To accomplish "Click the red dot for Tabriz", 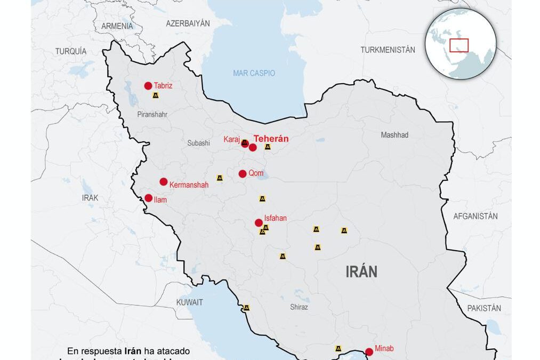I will coord(148,86).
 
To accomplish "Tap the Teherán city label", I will coord(271,139).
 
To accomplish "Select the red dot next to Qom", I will coord(243,173).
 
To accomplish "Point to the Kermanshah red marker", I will coord(164,182).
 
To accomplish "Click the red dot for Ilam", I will coord(149,198).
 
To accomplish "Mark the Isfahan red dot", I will coord(259,222).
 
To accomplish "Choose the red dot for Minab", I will coord(369,351).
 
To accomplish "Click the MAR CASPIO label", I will coord(254,73).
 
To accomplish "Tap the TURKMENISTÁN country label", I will coord(388,50).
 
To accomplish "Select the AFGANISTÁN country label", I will coord(475,216).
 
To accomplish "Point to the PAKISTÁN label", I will coord(484,308).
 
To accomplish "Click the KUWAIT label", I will coord(190,302).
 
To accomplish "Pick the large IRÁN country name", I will coord(361,272).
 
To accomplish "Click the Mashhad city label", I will coord(394,135).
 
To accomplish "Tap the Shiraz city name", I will coord(299,307).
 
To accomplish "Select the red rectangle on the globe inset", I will coord(458,46).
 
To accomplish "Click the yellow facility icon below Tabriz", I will coord(155,95).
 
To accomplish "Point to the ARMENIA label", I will coord(117,26).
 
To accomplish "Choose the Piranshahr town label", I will coord(152,115).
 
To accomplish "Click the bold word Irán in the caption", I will coord(133,351).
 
